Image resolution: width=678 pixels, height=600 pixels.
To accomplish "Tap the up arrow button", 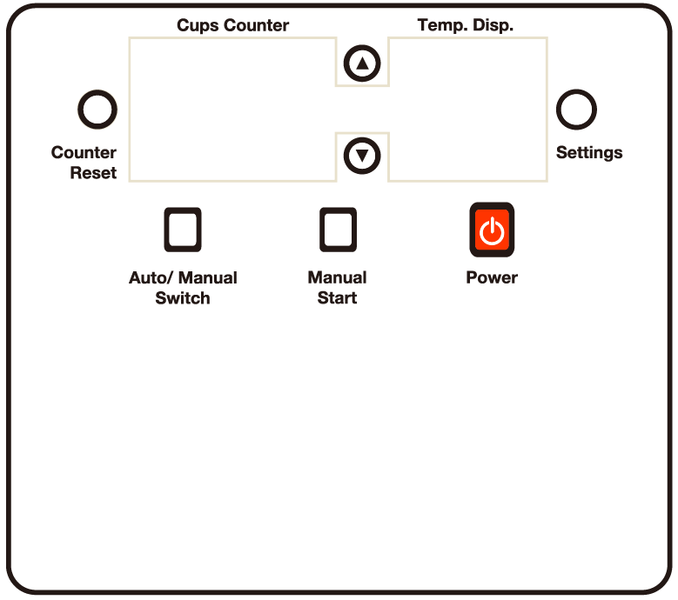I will coord(362,63).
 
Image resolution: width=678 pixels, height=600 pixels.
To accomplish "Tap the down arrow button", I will coord(362,156).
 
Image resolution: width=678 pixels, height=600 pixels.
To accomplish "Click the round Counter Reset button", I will coord(97,110).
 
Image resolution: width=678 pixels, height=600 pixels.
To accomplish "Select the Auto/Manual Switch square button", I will coord(183,230).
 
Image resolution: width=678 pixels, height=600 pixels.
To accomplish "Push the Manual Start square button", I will coord(338,230).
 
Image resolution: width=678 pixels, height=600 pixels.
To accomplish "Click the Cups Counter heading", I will coord(232,25).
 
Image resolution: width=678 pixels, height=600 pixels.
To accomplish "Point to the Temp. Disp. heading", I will coord(466,25).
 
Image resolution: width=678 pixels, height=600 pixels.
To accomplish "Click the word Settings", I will coord(589,153).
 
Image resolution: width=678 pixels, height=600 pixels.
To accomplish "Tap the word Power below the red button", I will coord(492,278).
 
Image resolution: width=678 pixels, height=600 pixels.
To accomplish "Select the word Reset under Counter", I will coord(93,173).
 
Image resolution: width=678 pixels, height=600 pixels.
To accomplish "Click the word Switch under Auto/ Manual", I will coord(183,298).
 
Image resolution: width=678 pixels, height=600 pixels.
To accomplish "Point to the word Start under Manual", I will coord(338,298).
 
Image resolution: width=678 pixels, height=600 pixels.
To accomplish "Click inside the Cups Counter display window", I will coord(232,109).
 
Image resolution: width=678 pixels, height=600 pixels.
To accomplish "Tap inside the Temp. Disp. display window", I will coord(467,109).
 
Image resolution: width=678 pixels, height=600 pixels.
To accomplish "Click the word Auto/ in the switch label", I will coord(149,278).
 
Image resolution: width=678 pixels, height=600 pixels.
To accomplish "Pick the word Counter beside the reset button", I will coord(84,153).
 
